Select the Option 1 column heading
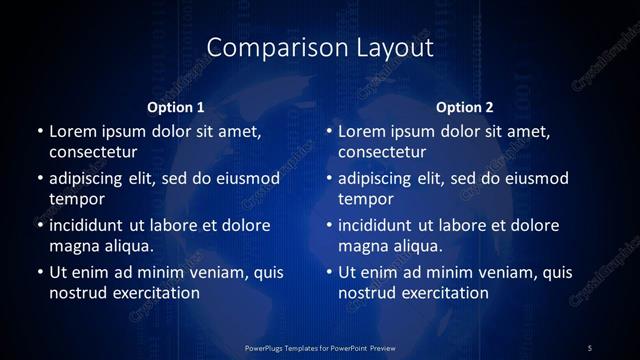tap(176, 107)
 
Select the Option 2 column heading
tap(466, 107)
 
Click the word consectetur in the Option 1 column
tap(93, 152)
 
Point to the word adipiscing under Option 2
tap(379, 178)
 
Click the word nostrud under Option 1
tap(76, 293)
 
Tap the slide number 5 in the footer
tap(590, 347)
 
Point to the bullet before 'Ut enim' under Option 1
tap(39, 272)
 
